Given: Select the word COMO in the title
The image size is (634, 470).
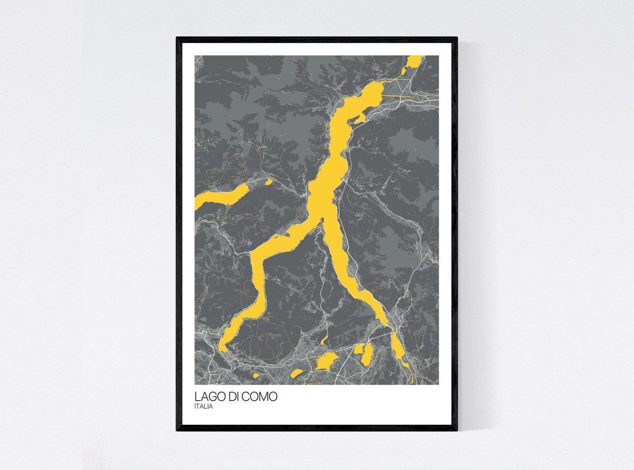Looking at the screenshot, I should pos(262,397).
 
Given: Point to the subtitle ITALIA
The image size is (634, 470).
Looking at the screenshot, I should pos(204,407).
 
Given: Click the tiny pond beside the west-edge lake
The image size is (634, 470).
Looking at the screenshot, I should pos(268,182).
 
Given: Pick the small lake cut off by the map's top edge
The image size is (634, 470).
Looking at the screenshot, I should pos(414,61).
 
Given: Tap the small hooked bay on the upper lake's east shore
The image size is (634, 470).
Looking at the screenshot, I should pos(358,118).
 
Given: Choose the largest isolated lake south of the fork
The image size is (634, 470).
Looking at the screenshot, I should pos(325,361).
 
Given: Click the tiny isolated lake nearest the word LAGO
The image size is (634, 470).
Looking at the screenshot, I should pos(255,374).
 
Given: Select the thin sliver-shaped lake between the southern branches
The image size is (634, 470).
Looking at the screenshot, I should pos(324,340).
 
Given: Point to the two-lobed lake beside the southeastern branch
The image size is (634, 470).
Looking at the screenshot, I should pos(365,354).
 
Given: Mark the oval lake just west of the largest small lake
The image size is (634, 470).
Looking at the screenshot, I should pos(298,372).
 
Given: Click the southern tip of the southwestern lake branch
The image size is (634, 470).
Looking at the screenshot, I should pos(222,349).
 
